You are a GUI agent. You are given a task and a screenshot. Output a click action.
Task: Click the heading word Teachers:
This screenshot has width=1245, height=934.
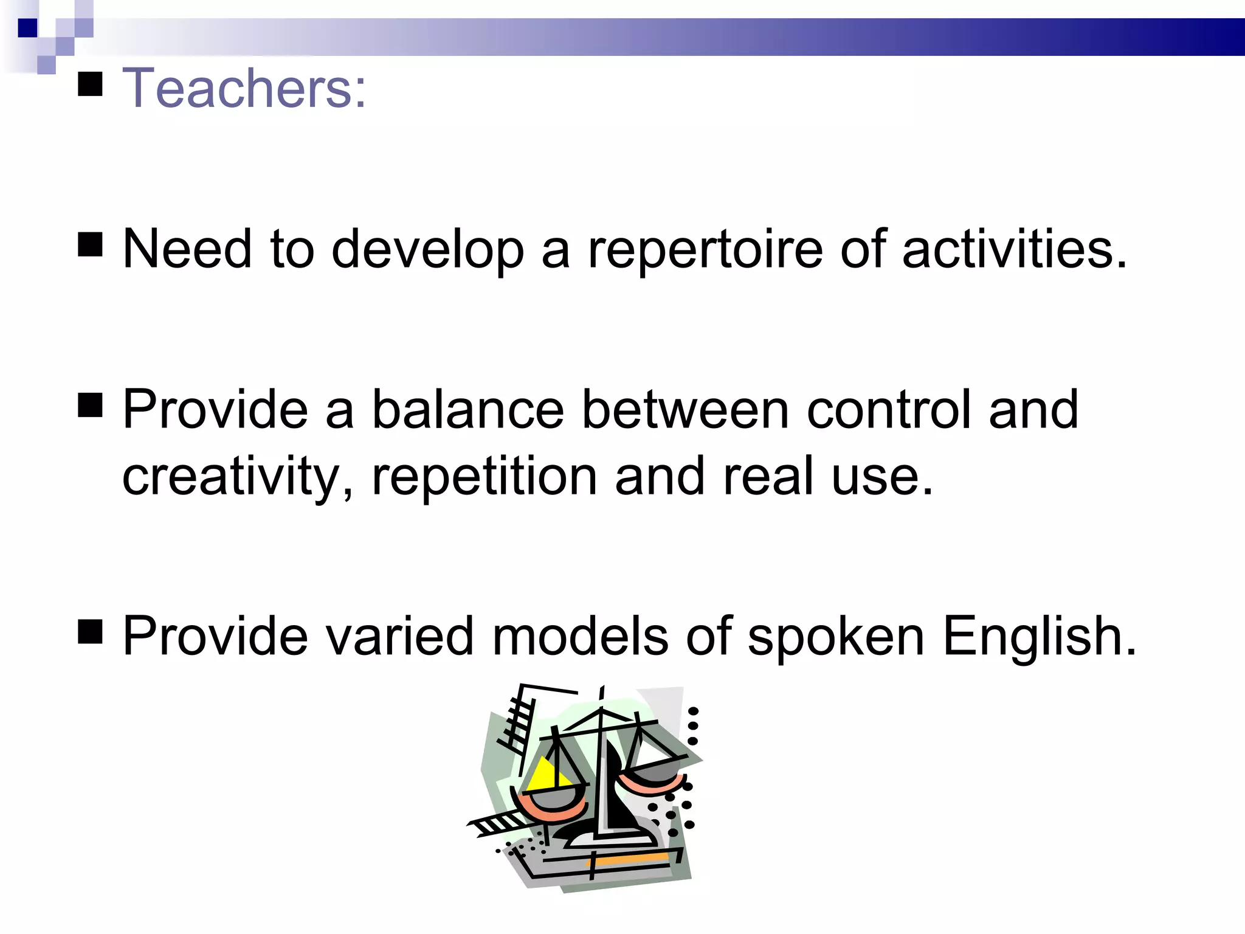click(x=244, y=89)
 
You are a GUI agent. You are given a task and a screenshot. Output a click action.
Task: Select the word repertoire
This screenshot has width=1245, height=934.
click(x=705, y=249)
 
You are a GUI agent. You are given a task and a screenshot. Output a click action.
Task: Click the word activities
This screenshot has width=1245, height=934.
click(x=1014, y=249)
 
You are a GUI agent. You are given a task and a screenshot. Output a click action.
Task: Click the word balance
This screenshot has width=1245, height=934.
click(x=468, y=410)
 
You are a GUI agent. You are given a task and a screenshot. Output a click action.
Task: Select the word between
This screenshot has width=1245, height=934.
click(x=685, y=410)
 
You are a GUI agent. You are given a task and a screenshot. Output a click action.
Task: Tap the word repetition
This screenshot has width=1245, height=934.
click(x=485, y=477)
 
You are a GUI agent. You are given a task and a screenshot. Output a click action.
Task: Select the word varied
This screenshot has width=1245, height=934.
click(x=399, y=637)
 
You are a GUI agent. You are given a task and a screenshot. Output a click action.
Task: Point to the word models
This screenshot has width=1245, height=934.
click(x=580, y=637)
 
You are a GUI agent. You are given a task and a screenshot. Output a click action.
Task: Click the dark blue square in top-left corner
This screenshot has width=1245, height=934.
click(x=27, y=28)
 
